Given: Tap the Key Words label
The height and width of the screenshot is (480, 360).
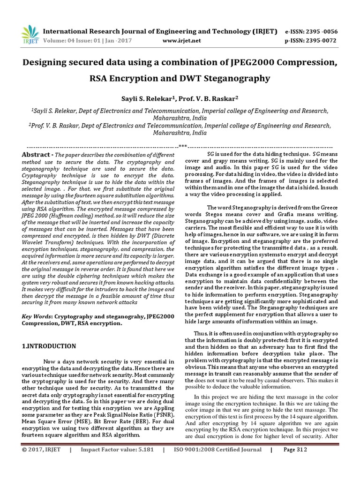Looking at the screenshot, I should click(37, 317).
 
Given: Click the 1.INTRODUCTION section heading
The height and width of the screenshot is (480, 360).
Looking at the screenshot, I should click(49, 346).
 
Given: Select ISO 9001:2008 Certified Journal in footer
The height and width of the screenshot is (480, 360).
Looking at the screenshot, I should click(217, 463).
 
